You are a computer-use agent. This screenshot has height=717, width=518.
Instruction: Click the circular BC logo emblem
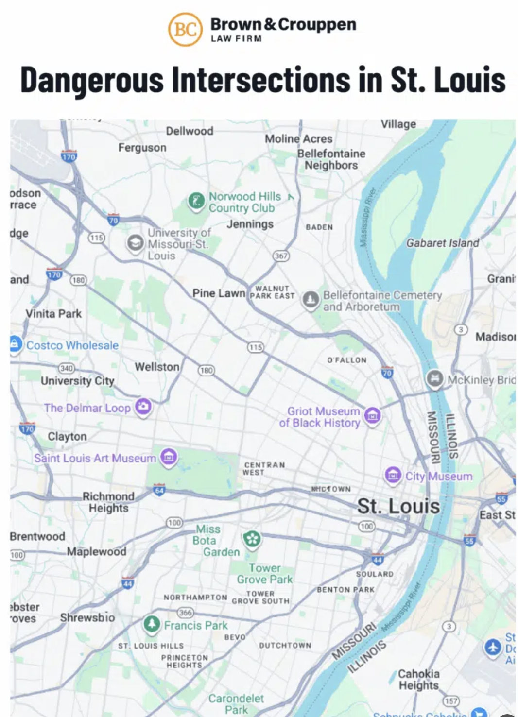tap(185, 30)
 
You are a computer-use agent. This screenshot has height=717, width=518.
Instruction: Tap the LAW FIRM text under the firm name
tap(236, 39)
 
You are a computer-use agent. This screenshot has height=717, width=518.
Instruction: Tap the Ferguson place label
tap(142, 148)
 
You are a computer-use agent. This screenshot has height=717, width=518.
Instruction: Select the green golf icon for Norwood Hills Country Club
tap(196, 201)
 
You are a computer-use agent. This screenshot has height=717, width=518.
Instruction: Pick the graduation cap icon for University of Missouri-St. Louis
tap(135, 243)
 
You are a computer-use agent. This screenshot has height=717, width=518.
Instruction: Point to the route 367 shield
tap(281, 256)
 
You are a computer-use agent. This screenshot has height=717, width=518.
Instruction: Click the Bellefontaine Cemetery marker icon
tap(311, 300)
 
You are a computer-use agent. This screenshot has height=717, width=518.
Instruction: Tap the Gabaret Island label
tap(442, 243)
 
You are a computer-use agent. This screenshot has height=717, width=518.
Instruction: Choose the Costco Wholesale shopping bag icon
tap(15, 344)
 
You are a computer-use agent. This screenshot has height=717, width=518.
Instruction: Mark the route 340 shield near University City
tap(66, 368)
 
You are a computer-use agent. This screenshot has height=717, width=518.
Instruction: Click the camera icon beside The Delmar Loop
tap(143, 406)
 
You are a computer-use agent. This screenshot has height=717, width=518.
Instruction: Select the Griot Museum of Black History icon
tap(373, 415)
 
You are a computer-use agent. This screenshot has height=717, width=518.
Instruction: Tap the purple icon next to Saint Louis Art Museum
tap(169, 457)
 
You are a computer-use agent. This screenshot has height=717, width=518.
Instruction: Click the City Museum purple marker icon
tap(393, 475)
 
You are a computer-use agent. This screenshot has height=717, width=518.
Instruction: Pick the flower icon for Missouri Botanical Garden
tap(252, 539)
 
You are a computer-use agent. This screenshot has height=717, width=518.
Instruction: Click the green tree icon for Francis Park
tap(152, 624)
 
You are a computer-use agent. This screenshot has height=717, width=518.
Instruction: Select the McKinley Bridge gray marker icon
tap(435, 379)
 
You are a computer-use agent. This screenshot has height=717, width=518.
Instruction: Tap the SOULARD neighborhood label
tap(375, 574)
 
